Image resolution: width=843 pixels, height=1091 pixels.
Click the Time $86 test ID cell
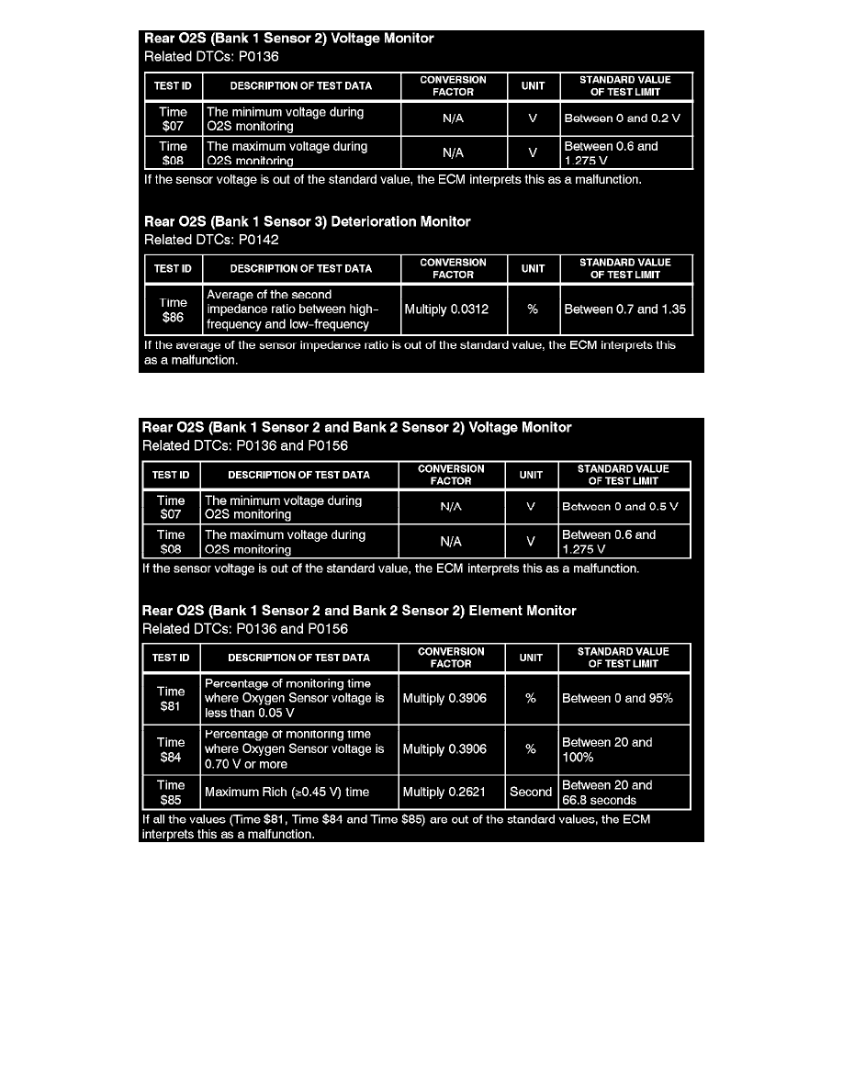tap(173, 309)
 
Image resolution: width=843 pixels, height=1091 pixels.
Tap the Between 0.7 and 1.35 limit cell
tap(624, 309)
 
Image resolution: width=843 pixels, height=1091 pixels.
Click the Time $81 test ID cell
tap(171, 699)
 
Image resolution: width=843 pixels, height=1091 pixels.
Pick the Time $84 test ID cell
tap(171, 749)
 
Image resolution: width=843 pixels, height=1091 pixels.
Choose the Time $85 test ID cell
tap(171, 793)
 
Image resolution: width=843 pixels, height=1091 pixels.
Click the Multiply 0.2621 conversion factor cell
tap(444, 792)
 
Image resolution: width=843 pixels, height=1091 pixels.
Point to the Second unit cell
tap(531, 792)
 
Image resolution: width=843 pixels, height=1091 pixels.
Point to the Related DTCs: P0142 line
tap(211, 240)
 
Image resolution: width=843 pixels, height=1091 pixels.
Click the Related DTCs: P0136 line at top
tap(211, 56)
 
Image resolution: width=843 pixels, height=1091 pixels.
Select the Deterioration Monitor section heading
tap(307, 221)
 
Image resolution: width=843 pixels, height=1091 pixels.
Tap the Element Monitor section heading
tap(359, 611)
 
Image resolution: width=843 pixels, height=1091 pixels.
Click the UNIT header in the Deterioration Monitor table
tap(533, 269)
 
